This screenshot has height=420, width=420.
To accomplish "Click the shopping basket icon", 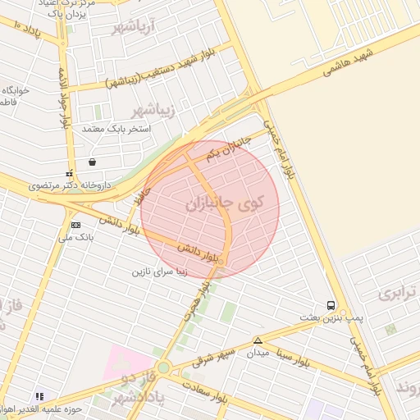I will click(x=92, y=162).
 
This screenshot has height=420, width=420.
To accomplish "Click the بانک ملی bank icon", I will click(x=76, y=225).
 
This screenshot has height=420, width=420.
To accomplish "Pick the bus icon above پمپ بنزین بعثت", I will click(x=331, y=304).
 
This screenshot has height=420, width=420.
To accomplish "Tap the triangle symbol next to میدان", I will click(x=258, y=340).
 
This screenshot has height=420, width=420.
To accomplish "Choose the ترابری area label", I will click(x=398, y=292).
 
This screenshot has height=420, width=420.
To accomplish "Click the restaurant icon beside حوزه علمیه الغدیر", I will click(x=39, y=396).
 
